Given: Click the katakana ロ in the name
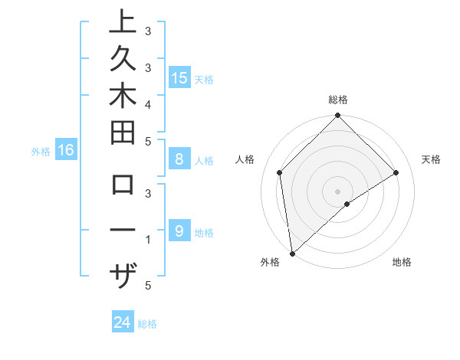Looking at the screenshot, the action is pos(123,186).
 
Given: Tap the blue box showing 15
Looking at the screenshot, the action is pos(179,77).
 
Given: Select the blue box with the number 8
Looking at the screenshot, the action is pos(179,160).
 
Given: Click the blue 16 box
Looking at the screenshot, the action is pos(65,151).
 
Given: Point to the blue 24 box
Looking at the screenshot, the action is pos(123,323).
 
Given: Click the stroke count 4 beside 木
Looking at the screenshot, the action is pos(147,103).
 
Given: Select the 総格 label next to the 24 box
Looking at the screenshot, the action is pos(147,324).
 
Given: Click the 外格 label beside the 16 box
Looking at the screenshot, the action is pos(41,152).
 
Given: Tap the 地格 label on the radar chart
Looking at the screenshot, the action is pos(402,263).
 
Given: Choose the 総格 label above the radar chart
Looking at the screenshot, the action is pos(338,100).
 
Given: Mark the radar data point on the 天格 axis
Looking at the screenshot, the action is pos(396,172).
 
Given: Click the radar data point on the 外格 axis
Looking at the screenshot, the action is pos(292,253).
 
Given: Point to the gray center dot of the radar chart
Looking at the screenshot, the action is pos(338,191).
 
